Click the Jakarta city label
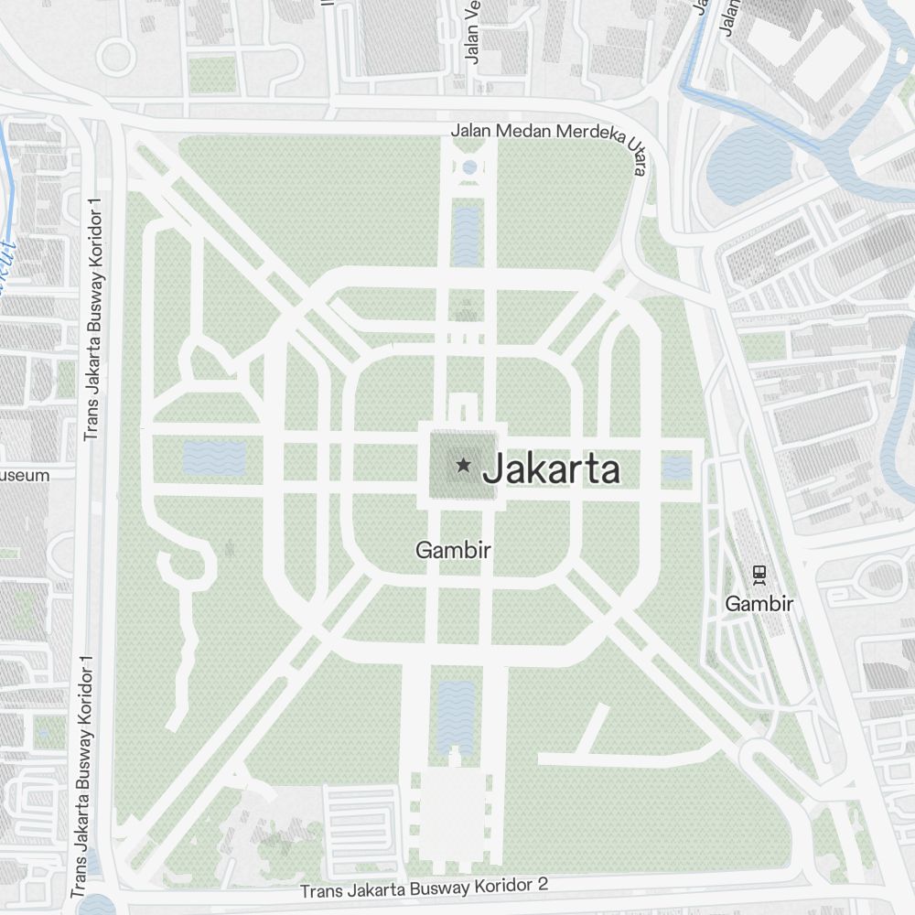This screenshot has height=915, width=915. point(551,469)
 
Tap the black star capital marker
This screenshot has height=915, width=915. point(464,466)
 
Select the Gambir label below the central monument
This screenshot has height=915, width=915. point(454,551)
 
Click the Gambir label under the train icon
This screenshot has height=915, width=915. point(759,603)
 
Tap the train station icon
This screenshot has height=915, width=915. point(759,574)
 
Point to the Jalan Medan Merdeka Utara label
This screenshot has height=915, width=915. point(549,137)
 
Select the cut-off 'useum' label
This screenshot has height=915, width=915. point(25,476)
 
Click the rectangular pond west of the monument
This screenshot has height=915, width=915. point(214,457)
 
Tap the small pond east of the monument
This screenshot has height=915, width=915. point(676,468)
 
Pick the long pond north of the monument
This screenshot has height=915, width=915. point(466,236)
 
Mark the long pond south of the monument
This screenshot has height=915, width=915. point(455,716)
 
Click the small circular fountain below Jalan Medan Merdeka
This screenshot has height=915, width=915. point(468,167)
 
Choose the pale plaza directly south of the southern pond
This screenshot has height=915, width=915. point(454,814)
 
